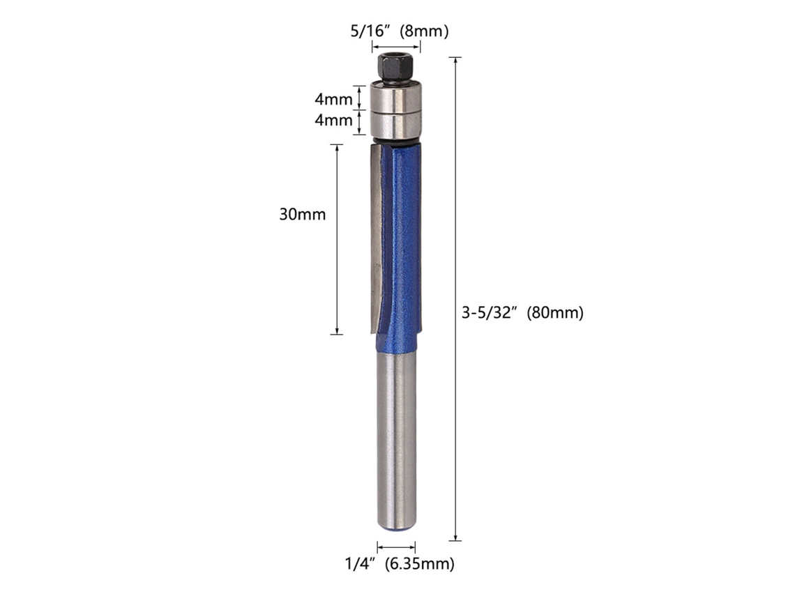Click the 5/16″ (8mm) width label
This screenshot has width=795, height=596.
400,31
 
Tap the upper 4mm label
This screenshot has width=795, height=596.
333,99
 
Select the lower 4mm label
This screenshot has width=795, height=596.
333,120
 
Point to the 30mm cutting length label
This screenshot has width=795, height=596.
302,215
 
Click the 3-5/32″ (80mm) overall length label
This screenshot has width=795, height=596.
522,313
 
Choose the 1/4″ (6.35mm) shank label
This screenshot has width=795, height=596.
400,563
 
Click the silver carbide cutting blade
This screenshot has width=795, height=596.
377,238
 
